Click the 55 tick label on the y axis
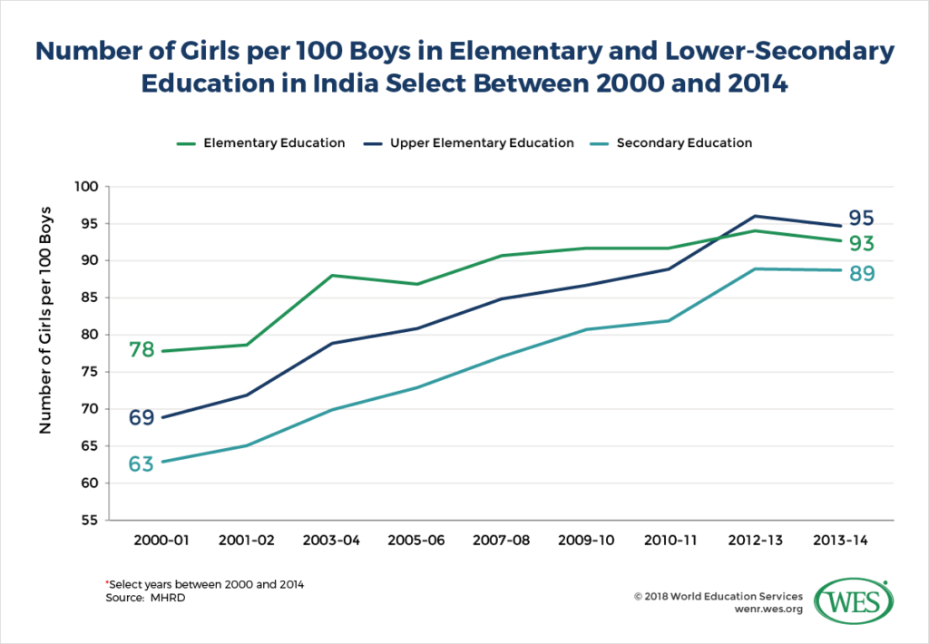pos(90,521)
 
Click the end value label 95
pos(862,220)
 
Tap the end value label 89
pos(862,273)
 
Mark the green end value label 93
pos(862,243)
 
